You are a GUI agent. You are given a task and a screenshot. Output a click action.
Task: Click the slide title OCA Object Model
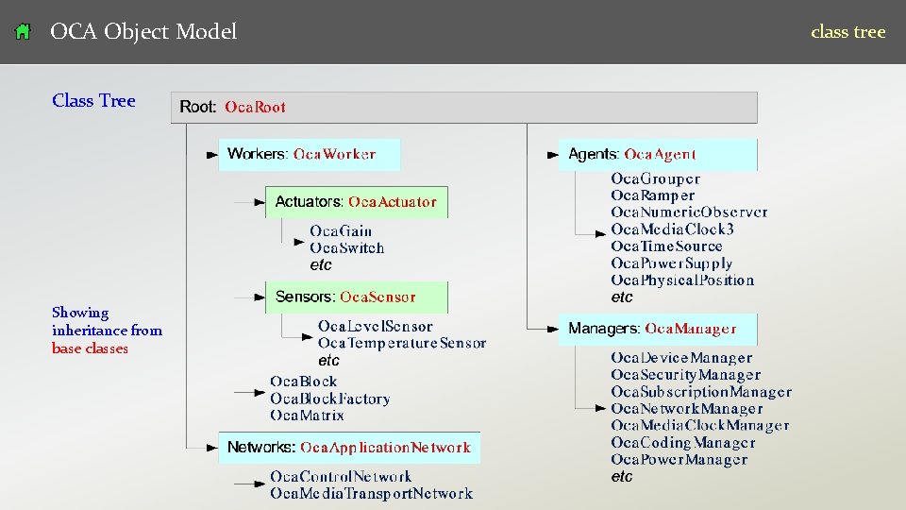pyautogui.click(x=143, y=32)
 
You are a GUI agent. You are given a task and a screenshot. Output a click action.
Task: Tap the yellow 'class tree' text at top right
pyautogui.click(x=847, y=32)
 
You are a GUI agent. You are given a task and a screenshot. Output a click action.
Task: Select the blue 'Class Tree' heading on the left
pyautogui.click(x=93, y=101)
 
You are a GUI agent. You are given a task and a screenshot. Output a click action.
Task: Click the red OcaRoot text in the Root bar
pyautogui.click(x=255, y=108)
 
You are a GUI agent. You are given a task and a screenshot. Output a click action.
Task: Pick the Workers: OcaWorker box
pyautogui.click(x=310, y=154)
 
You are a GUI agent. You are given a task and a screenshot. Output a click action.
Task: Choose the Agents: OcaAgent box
pyautogui.click(x=658, y=154)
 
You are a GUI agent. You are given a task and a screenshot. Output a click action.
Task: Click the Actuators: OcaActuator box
pyautogui.click(x=356, y=202)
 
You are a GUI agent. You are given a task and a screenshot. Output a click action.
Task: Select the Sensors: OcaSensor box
pyautogui.click(x=356, y=297)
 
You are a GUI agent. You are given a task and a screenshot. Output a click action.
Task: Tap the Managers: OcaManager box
pyautogui.click(x=658, y=329)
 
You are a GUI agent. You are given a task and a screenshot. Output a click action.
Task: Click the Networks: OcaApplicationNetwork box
pyautogui.click(x=349, y=448)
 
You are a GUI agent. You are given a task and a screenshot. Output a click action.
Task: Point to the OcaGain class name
pyautogui.click(x=341, y=231)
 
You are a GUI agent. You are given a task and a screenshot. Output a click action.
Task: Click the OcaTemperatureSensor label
pyautogui.click(x=402, y=343)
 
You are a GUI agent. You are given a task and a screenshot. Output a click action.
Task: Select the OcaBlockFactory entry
pyautogui.click(x=330, y=399)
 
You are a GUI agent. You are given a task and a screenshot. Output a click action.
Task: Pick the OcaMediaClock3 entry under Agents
pyautogui.click(x=672, y=229)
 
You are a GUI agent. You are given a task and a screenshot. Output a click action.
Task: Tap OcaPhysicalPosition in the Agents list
pyautogui.click(x=682, y=280)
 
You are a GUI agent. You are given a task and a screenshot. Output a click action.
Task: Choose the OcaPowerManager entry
pyautogui.click(x=679, y=460)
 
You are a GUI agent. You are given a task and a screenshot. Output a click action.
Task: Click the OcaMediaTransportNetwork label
pyautogui.click(x=371, y=493)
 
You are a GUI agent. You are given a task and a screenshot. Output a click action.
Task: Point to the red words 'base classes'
pyautogui.click(x=90, y=348)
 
